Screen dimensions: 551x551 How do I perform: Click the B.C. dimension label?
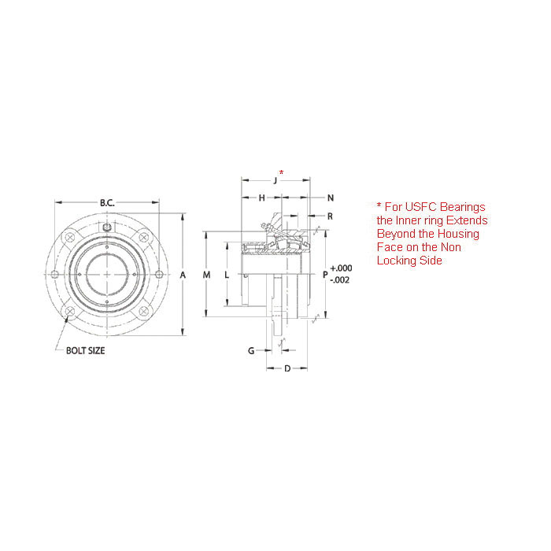pos(107,202)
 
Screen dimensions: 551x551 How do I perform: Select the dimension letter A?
pos(183,275)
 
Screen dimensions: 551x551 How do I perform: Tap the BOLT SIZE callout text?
pos(85,350)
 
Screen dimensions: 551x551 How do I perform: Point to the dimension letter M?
pos(206,275)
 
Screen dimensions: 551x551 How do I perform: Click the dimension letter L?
pos(227,275)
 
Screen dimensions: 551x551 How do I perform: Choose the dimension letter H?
pos(261,198)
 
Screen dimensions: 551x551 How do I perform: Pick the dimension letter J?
pos(275,181)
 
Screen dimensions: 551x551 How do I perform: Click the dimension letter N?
pos(330,198)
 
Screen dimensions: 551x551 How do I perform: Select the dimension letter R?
pos(330,215)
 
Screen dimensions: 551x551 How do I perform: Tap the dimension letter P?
pos(325,275)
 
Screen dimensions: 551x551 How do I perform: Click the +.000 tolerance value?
pos(342,268)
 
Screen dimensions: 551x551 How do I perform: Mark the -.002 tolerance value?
pos(342,280)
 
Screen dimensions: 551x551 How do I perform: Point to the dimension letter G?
pos(251,350)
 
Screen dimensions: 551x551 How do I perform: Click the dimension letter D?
pos(287,368)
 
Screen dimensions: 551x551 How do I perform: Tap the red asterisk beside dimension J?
pos(282,171)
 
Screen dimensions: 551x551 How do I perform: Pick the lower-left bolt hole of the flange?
pos(68,312)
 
